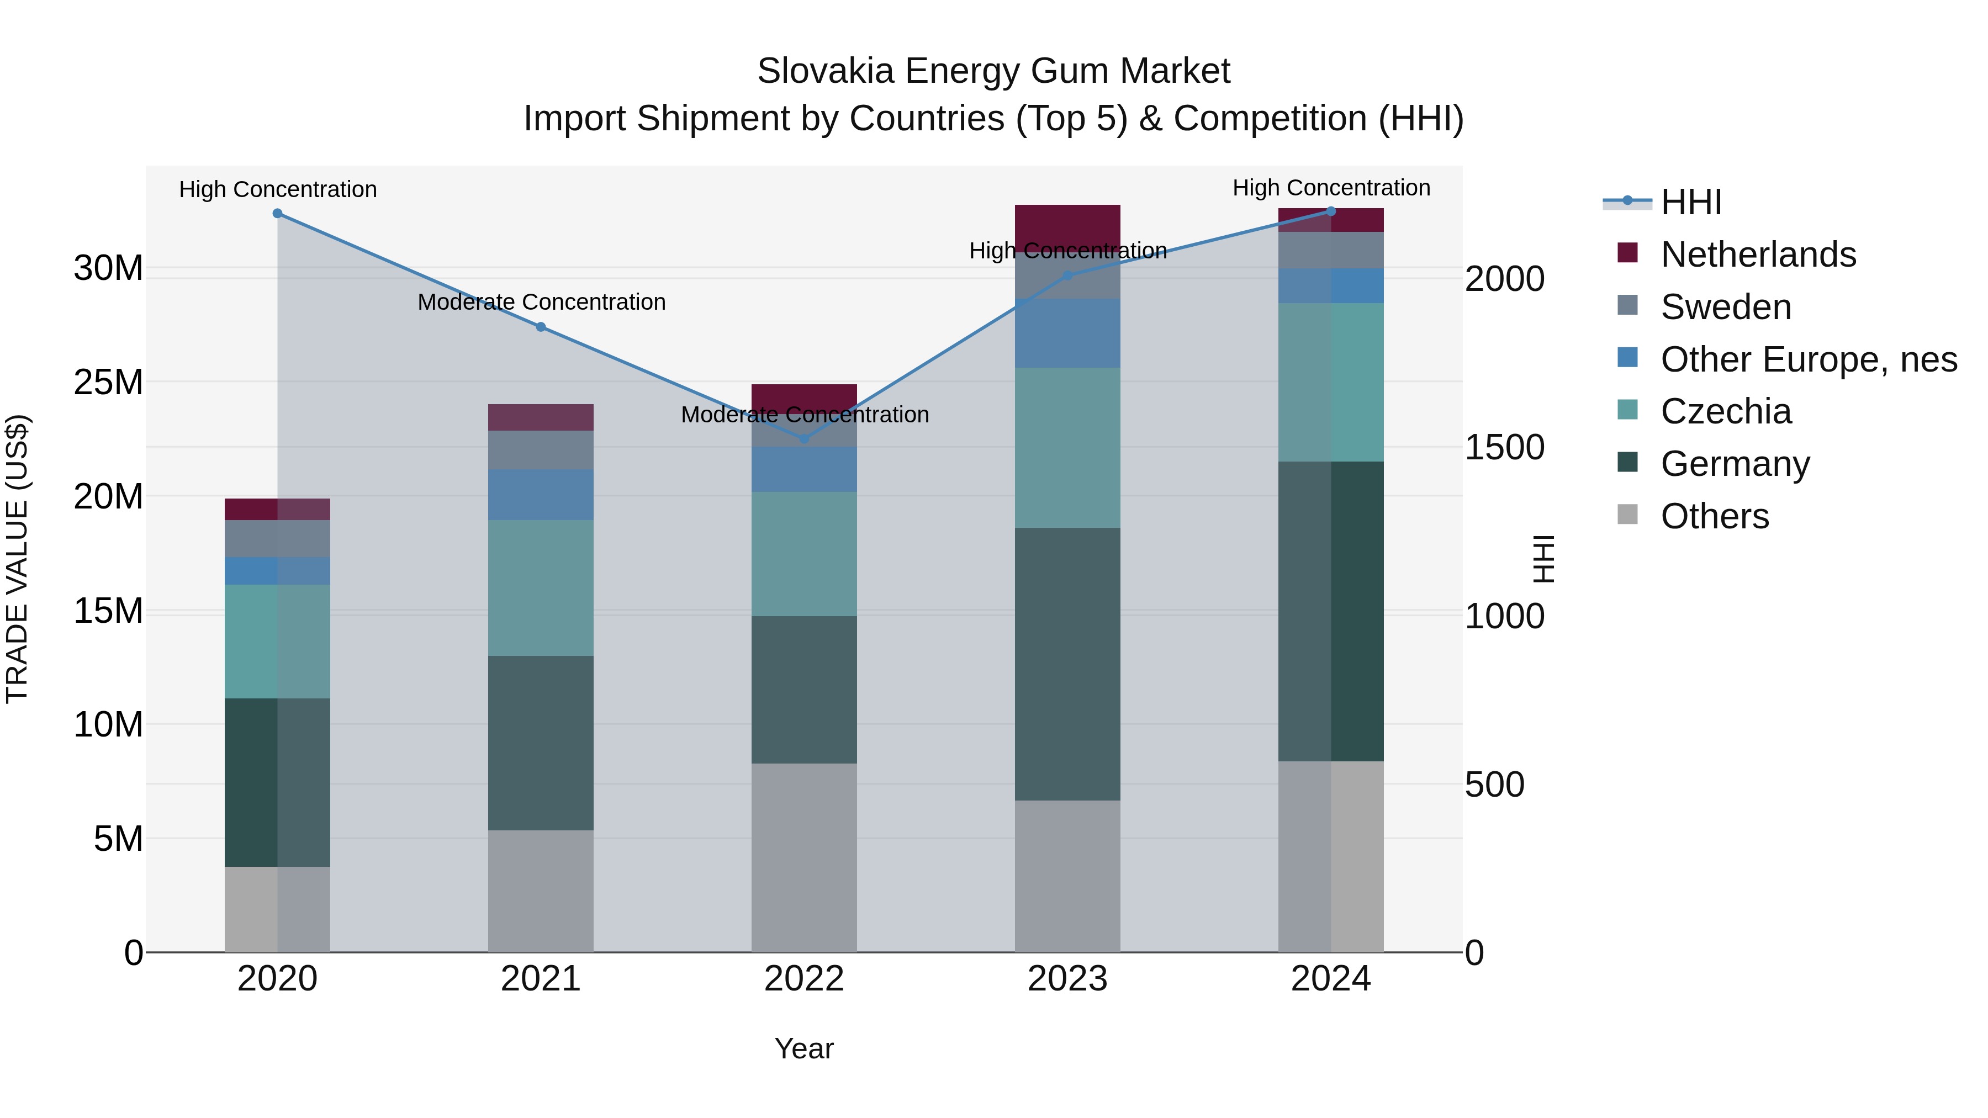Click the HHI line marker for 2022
[x=803, y=438]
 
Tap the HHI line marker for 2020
[x=278, y=214]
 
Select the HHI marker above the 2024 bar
[x=1330, y=211]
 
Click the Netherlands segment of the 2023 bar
[x=1067, y=226]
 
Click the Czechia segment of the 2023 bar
[x=1067, y=448]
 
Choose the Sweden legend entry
[x=1726, y=307]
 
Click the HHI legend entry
[x=1690, y=202]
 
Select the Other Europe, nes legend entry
[x=1808, y=359]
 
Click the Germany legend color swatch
[x=1627, y=463]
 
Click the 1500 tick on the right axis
[x=1504, y=448]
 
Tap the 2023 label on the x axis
[x=1067, y=979]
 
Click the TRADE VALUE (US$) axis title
[x=17, y=559]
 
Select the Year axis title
[x=803, y=1048]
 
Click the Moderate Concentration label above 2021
[x=541, y=301]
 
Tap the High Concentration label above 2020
[x=278, y=189]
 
